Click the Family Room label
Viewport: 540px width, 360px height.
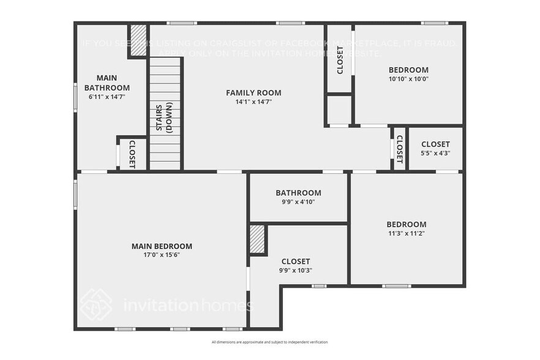pyautogui.click(x=253, y=93)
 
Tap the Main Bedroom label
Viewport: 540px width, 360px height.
pyautogui.click(x=162, y=246)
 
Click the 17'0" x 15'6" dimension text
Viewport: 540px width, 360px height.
pyautogui.click(x=162, y=255)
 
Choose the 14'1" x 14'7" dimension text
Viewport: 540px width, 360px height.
pyautogui.click(x=253, y=102)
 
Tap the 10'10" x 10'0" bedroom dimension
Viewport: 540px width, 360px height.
pyautogui.click(x=408, y=79)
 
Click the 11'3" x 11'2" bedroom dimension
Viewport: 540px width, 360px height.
pyautogui.click(x=406, y=233)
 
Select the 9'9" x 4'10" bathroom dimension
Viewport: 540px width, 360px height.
pyautogui.click(x=298, y=201)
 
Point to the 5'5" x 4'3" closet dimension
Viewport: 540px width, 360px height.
pyautogui.click(x=435, y=153)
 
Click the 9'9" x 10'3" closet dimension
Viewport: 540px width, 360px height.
pyautogui.click(x=296, y=270)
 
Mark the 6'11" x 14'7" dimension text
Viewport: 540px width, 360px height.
pyautogui.click(x=107, y=97)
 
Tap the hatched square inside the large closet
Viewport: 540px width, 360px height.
pyautogui.click(x=257, y=239)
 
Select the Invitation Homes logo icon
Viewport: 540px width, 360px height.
pyautogui.click(x=96, y=305)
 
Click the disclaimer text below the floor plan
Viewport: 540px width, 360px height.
pyautogui.click(x=269, y=342)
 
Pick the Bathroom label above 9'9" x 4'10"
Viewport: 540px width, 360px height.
pyautogui.click(x=298, y=192)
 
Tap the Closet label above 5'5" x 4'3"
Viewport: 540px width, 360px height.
pyautogui.click(x=435, y=144)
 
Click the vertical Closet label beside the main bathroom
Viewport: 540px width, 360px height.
pyautogui.click(x=132, y=154)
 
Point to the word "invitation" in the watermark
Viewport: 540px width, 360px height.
pyautogui.click(x=160, y=305)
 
